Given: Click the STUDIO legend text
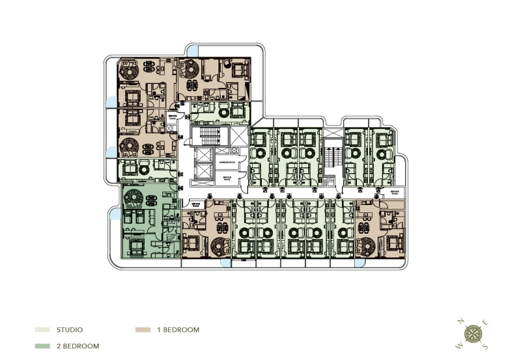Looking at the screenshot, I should point(70,330).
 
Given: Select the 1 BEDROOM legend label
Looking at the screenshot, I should point(178,330).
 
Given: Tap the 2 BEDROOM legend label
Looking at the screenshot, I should point(78,346).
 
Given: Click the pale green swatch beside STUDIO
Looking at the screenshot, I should point(42,330).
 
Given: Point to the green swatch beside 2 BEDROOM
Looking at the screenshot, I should point(42,346).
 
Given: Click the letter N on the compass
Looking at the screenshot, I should point(460,321).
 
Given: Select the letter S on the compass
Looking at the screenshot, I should point(485,346).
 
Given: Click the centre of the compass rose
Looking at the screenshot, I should point(473,333).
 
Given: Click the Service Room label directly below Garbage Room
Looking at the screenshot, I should point(227,177).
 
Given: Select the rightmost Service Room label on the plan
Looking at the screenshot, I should point(395,193).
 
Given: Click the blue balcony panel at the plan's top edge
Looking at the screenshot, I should point(193,50).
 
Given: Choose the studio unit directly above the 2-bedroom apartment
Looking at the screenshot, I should point(145,169).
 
